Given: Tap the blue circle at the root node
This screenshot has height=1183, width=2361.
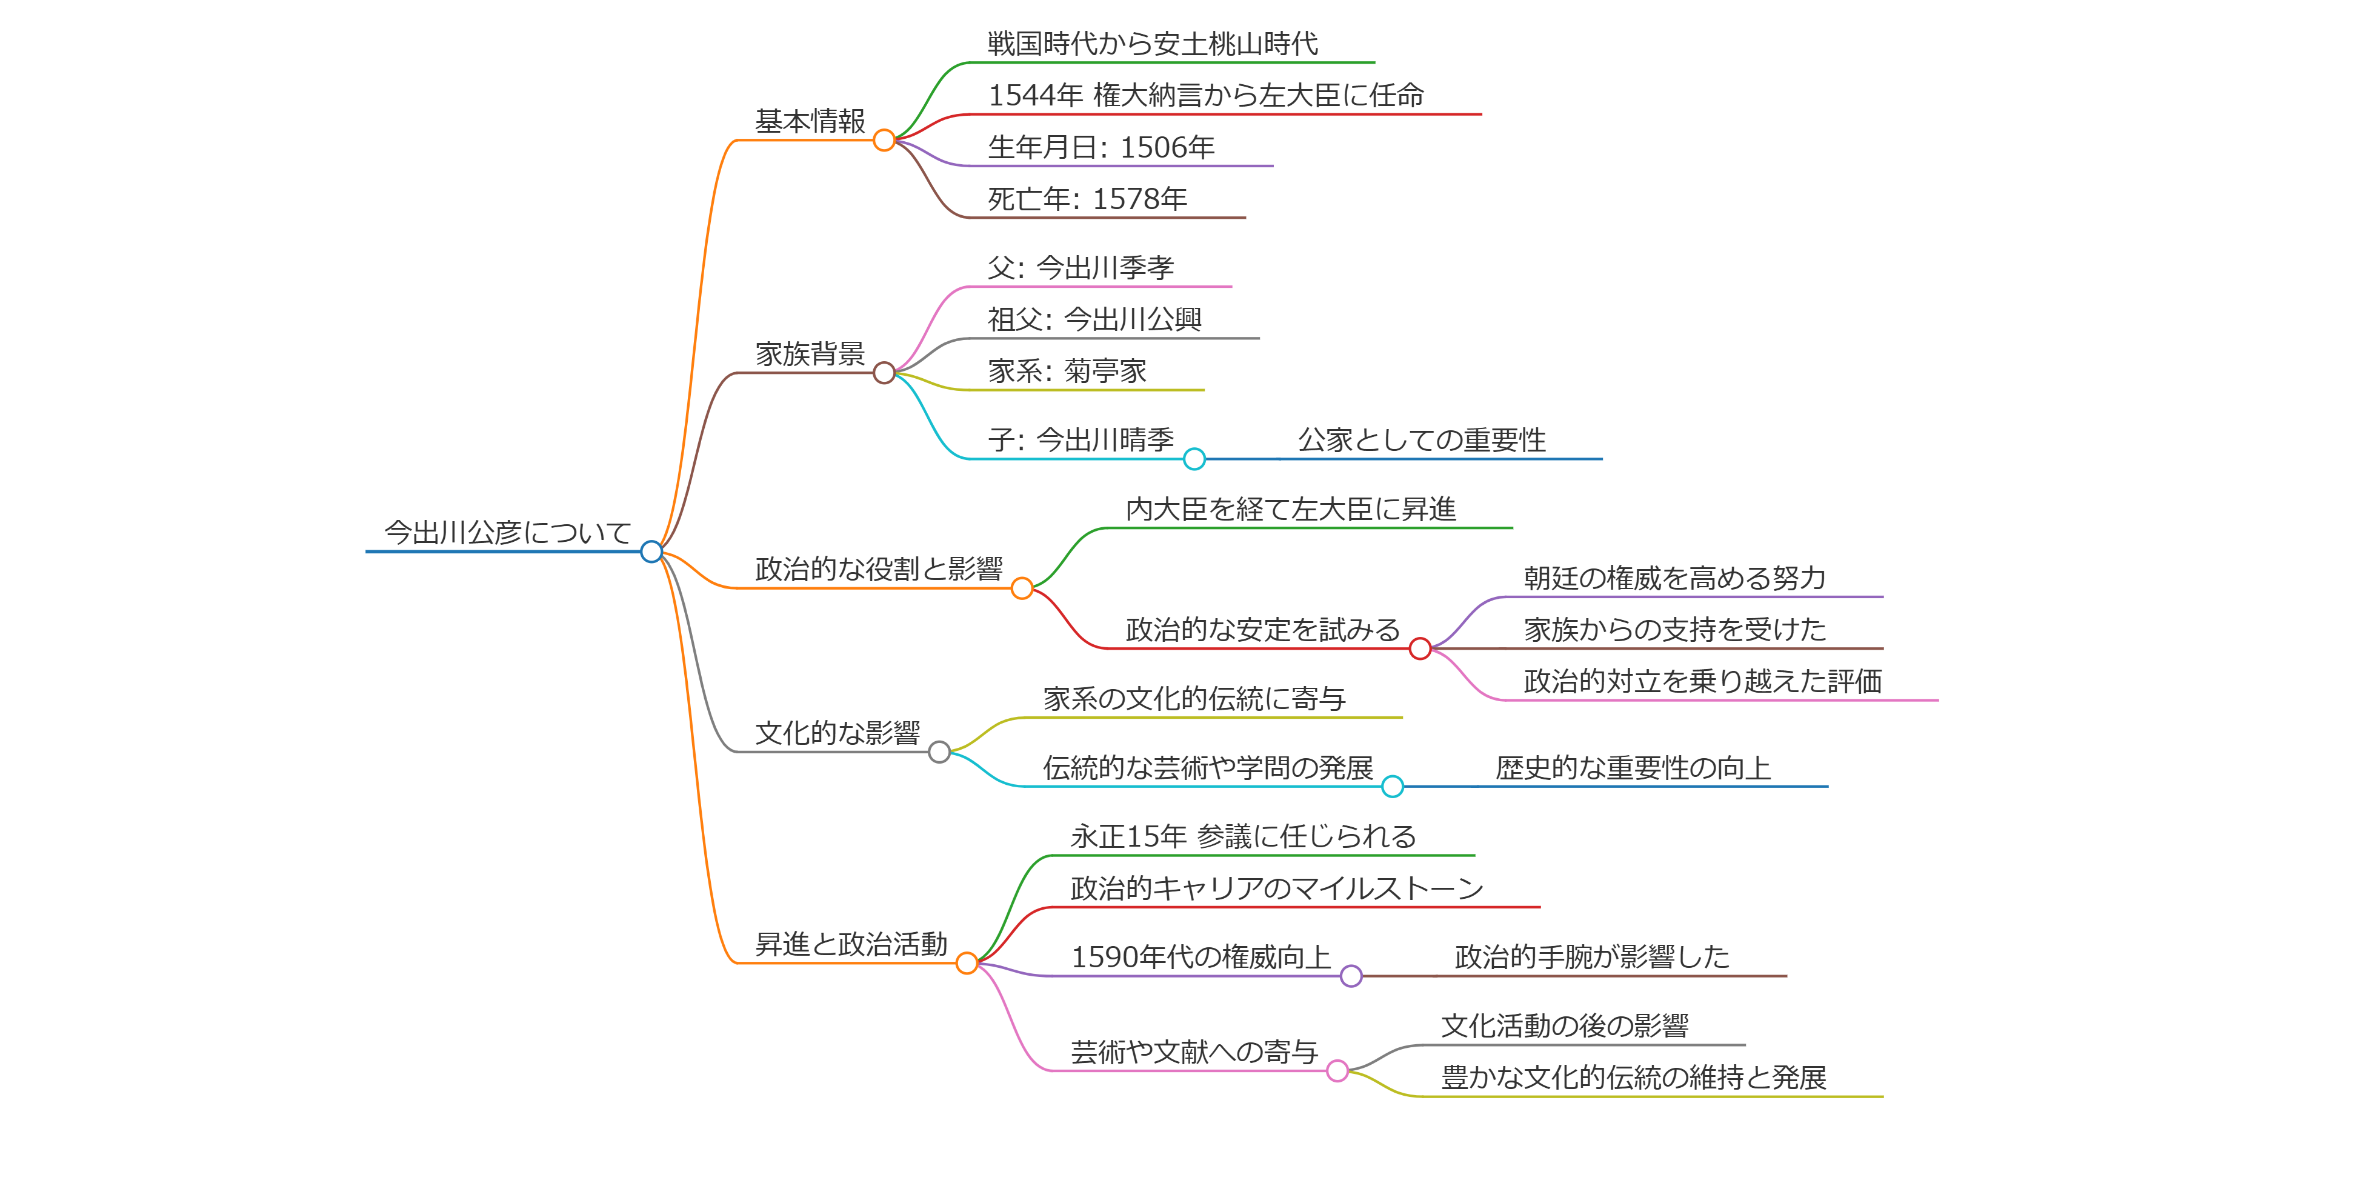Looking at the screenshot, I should tap(651, 552).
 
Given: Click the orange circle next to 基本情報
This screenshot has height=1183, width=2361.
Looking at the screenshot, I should tap(884, 140).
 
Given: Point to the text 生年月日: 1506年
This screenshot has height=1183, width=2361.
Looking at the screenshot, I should tap(1101, 147).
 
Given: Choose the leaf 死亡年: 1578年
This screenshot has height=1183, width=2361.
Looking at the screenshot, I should tap(1087, 199).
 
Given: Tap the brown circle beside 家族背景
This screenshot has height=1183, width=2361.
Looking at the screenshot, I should tap(884, 373).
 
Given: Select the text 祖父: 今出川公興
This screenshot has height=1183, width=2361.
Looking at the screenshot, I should tap(1094, 320).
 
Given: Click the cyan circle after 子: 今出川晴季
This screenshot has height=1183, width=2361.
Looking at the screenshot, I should tap(1194, 459).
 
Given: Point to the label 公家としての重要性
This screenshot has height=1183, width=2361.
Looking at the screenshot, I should tap(1422, 441).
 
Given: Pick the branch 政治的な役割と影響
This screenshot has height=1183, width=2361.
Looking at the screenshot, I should tap(878, 569).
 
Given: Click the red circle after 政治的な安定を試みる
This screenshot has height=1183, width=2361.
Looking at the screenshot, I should tap(1420, 649).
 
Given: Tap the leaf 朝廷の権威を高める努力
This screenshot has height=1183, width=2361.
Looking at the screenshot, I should tap(1674, 578).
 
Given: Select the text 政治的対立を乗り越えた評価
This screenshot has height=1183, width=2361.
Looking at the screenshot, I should tap(1702, 682).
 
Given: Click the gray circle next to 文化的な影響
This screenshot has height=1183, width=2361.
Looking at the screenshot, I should tap(939, 752).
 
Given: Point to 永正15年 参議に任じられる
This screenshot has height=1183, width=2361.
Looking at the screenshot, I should tap(1243, 836).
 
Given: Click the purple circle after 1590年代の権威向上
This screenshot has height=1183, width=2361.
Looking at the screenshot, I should tap(1351, 976).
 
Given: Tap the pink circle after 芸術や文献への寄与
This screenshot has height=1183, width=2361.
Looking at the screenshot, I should tap(1337, 1070).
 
